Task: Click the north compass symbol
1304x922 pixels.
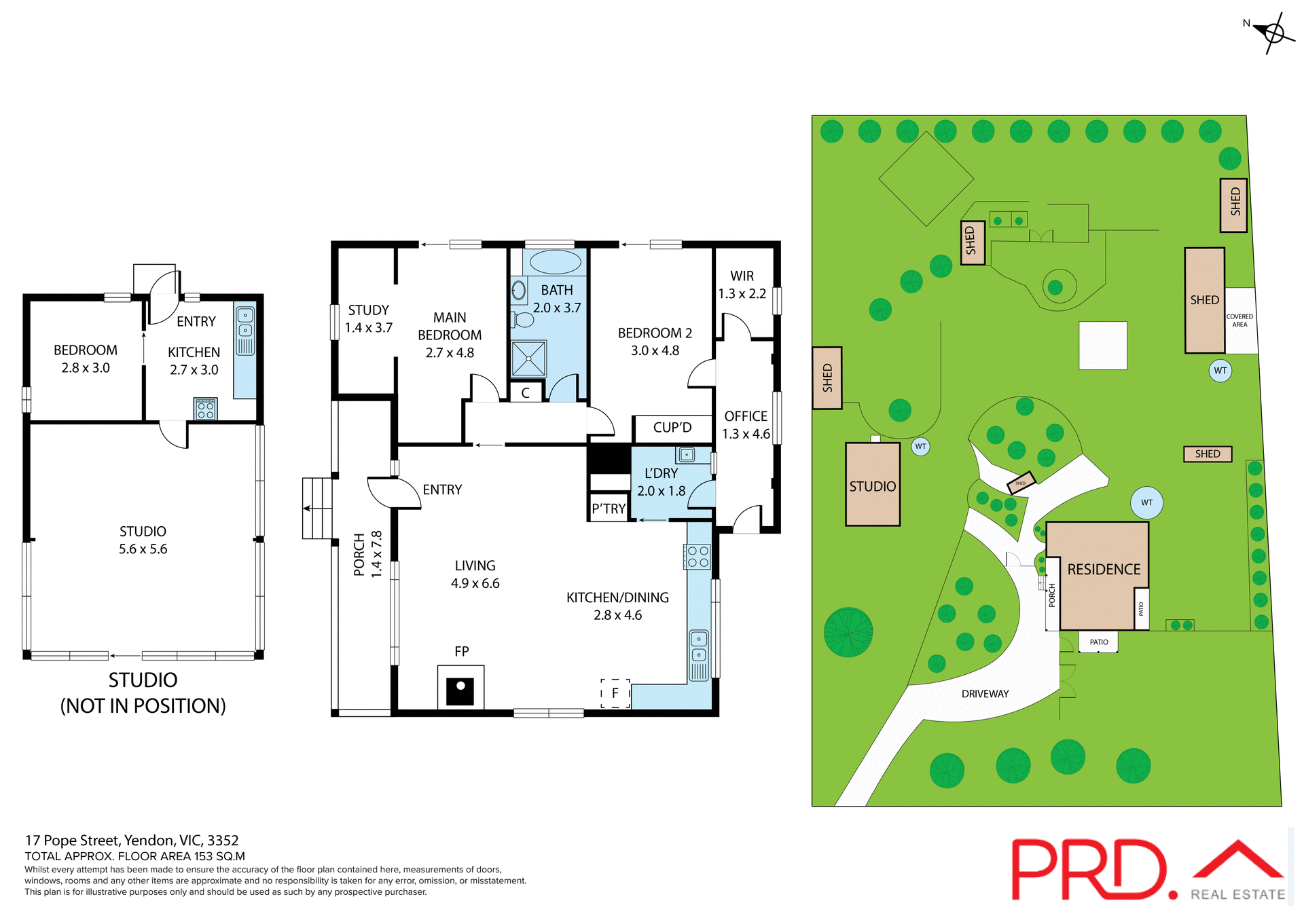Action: [x=1273, y=32]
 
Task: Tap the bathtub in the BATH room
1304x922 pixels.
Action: [x=555, y=262]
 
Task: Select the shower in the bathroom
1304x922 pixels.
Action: [x=528, y=358]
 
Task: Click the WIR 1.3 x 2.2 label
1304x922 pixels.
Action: [x=742, y=284]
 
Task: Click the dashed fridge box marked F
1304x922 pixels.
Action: [x=615, y=693]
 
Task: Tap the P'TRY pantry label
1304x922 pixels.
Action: [x=609, y=509]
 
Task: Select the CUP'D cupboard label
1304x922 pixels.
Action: [x=672, y=428]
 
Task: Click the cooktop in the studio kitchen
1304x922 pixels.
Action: [x=205, y=409]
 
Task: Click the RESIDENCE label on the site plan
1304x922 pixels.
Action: [x=1104, y=569]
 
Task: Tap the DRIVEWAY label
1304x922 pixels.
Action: [x=985, y=694]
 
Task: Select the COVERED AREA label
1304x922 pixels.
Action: [x=1239, y=320]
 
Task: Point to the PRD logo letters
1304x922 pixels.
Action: [x=1090, y=870]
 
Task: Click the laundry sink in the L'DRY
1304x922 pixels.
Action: [x=686, y=454]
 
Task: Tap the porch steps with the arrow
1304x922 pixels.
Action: [x=316, y=508]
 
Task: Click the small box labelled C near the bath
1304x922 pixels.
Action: [x=526, y=392]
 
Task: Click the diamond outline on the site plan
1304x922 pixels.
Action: [x=926, y=179]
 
